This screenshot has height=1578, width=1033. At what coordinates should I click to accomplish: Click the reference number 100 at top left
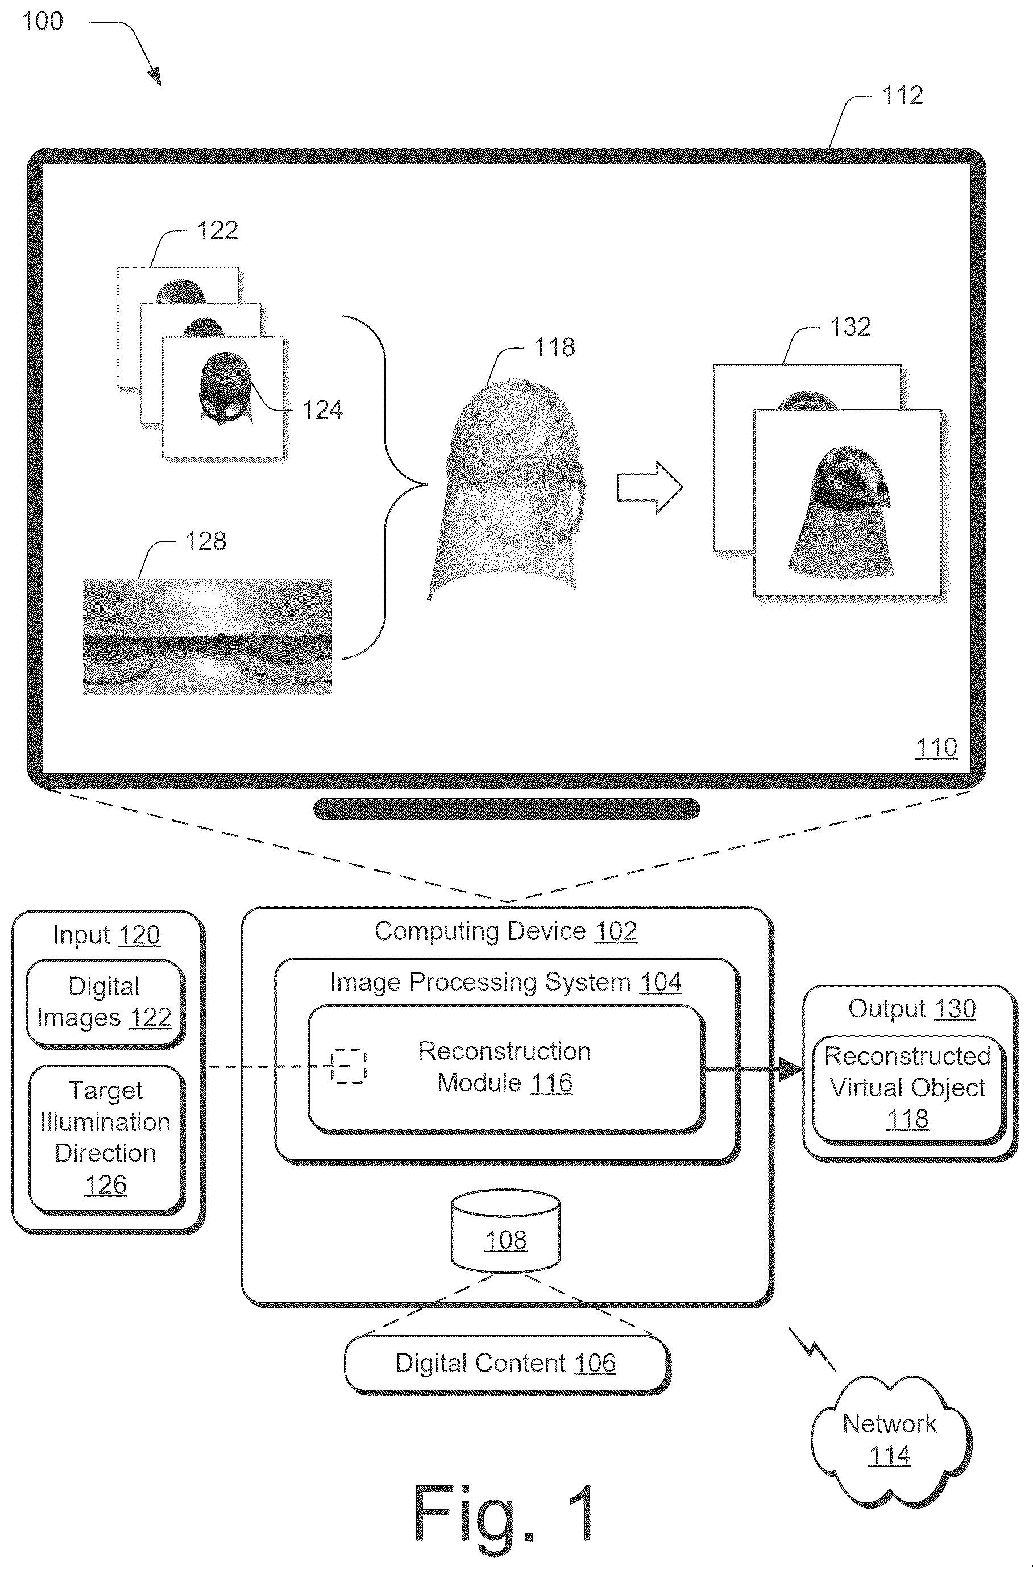pos(43,21)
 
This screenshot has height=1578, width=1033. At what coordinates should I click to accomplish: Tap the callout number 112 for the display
pos(902,96)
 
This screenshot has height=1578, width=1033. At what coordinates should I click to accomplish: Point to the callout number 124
pos(322,411)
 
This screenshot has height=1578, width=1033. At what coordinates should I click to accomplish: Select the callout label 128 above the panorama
pos(206,542)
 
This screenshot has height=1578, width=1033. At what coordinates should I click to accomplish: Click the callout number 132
pos(851,327)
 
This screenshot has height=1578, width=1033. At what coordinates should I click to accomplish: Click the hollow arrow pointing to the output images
pos(650,487)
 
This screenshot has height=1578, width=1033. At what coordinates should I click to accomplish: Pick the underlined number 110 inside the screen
pos(936,747)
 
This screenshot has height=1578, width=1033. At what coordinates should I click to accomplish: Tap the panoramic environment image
pos(208,637)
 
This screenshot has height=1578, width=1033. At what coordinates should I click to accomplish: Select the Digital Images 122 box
pos(105,1003)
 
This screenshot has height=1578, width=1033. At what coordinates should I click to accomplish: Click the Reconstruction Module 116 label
pos(505,1067)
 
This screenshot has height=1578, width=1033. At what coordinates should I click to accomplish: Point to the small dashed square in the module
pos(349,1066)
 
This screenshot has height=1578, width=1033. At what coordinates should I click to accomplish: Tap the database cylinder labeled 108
pos(506,1235)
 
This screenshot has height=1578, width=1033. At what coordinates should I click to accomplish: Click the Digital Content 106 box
pos(507,1364)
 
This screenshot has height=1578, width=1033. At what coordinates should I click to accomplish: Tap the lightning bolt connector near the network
pos(811,1348)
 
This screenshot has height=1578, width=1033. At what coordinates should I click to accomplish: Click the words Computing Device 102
pos(506,931)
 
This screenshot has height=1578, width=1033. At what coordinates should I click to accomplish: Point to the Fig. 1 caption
pos(504,1514)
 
